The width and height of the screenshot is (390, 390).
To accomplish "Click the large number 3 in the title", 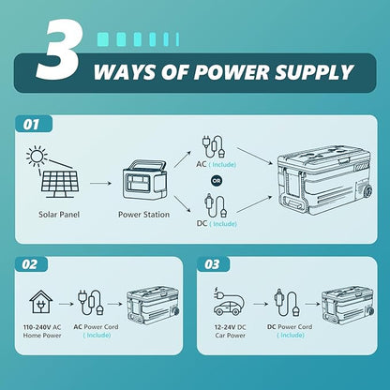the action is click(59, 51).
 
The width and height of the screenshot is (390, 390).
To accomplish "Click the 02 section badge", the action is click(30, 264).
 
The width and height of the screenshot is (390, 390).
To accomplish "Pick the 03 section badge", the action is click(213, 264).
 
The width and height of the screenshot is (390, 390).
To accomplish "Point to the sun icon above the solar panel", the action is click(37, 156).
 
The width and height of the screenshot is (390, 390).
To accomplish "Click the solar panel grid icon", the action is click(60, 184).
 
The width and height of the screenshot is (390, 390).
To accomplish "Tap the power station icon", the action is click(144, 180).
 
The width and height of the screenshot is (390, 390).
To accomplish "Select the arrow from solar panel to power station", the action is click(100, 183).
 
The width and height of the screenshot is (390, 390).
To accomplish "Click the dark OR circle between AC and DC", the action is click(217, 181).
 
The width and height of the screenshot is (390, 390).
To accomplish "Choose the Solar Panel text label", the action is click(59, 215).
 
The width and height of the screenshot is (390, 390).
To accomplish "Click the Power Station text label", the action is click(143, 215).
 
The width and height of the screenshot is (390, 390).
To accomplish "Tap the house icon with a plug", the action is click(41, 302).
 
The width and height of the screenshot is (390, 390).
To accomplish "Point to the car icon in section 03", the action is click(228, 307).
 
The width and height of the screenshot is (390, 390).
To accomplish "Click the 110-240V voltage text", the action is click(37, 327).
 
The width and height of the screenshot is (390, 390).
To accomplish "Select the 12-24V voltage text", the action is click(225, 327).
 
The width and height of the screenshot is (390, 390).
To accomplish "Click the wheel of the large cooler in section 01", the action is click(368, 190).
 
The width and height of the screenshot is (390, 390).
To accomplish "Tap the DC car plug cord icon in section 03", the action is click(287, 302).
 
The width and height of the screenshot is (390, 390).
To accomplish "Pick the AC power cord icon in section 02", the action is click(91, 303).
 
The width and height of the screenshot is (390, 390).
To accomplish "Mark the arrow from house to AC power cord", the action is click(66, 304).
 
